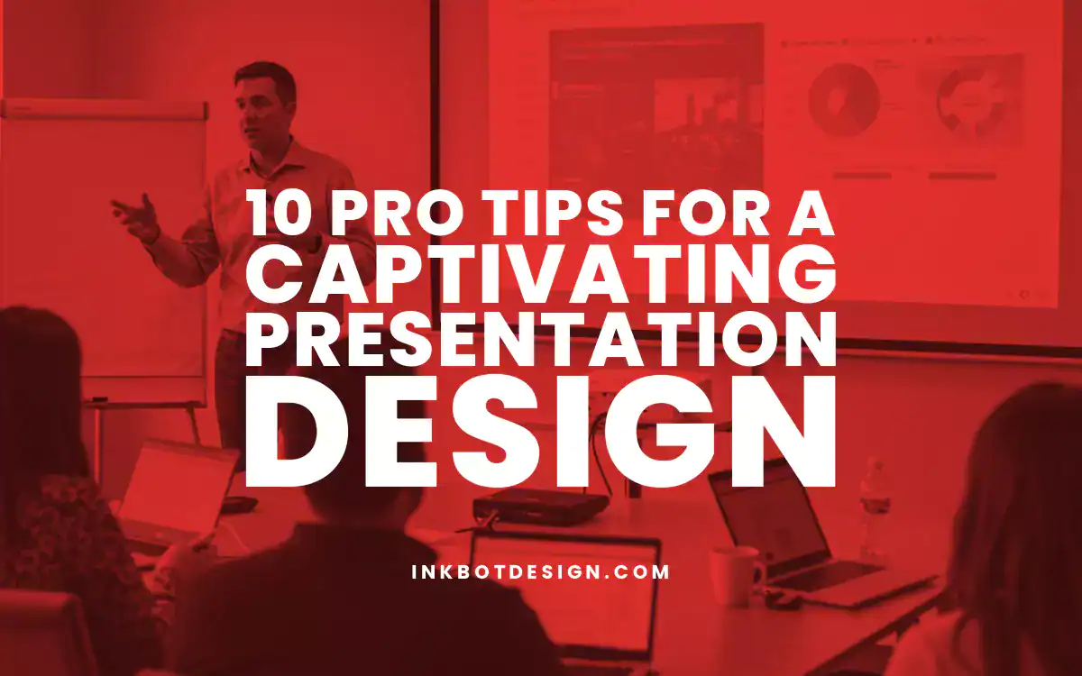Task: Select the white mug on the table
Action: click(x=733, y=574)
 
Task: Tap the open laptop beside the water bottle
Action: click(x=775, y=523)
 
